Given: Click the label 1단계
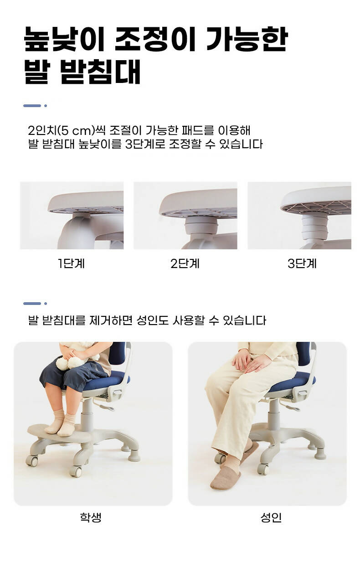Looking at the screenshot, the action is click(x=71, y=263).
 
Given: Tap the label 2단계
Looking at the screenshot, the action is click(x=185, y=263).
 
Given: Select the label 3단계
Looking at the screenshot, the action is click(x=302, y=263).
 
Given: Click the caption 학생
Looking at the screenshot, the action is click(x=91, y=517).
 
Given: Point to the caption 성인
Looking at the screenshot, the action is click(x=271, y=517).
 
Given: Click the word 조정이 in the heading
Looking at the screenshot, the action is click(x=155, y=39).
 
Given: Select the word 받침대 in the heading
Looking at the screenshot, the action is click(x=100, y=72).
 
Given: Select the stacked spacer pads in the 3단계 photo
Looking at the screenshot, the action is click(x=314, y=227).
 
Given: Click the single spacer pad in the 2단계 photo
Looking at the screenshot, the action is click(x=201, y=225).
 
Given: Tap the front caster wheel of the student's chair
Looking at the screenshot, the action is click(x=76, y=472).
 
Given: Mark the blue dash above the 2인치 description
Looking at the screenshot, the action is click(x=32, y=106).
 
